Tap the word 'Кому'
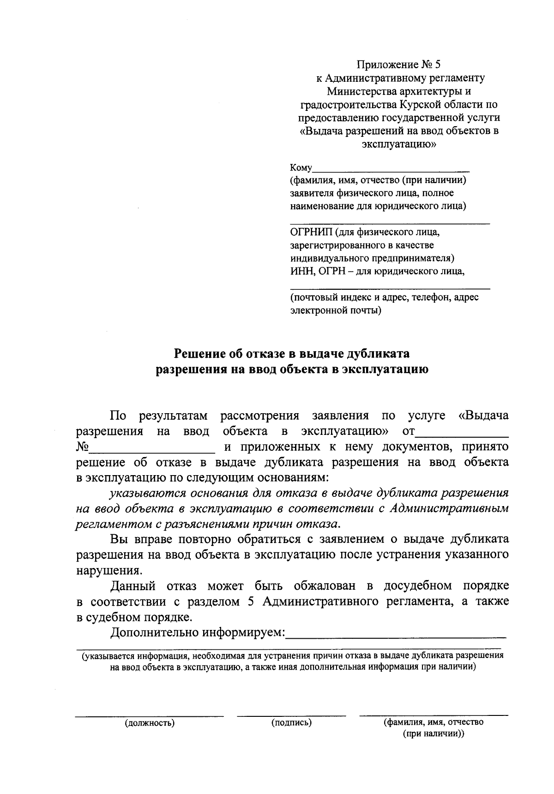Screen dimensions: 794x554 pos(301,167)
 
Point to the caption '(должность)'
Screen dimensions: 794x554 pos(149,723)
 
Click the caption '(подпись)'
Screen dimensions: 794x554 pos(291,722)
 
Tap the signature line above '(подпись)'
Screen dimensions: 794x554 pos(291,716)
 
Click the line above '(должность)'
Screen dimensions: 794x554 pos(149,716)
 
